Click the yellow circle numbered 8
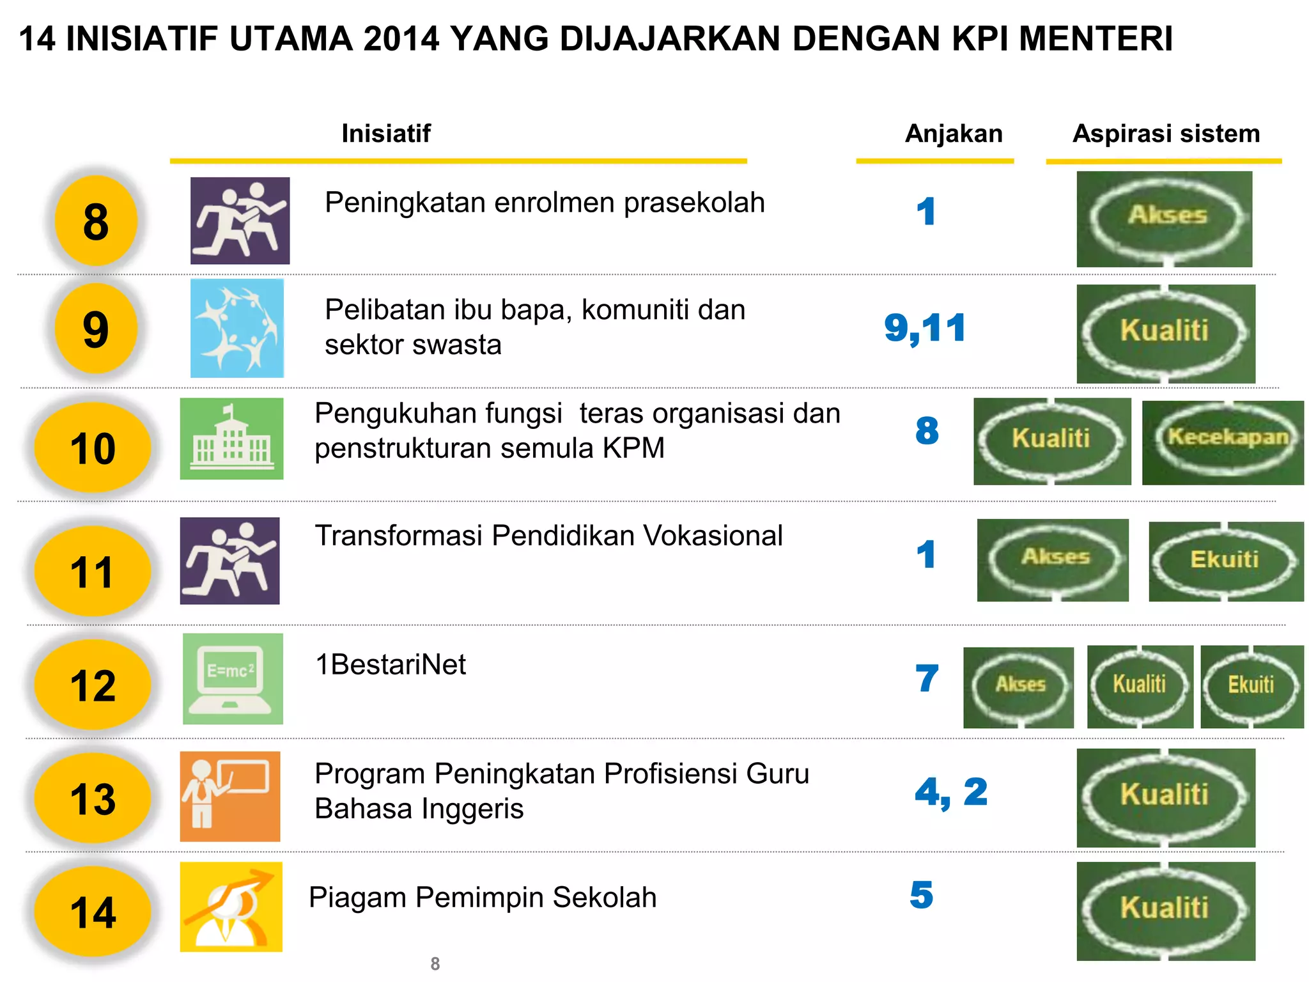(96, 221)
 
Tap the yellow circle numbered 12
(93, 685)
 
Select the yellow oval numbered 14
(93, 912)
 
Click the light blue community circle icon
(237, 328)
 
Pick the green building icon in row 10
(231, 439)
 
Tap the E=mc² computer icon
(233, 679)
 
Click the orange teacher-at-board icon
(230, 797)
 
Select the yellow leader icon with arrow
(231, 907)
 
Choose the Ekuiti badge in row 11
(1225, 561)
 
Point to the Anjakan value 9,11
(924, 329)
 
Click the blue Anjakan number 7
(926, 678)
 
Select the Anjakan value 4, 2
(951, 793)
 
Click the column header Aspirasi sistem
(1166, 134)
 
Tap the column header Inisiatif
(386, 134)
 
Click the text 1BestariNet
(391, 665)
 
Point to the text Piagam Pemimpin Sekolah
(483, 898)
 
